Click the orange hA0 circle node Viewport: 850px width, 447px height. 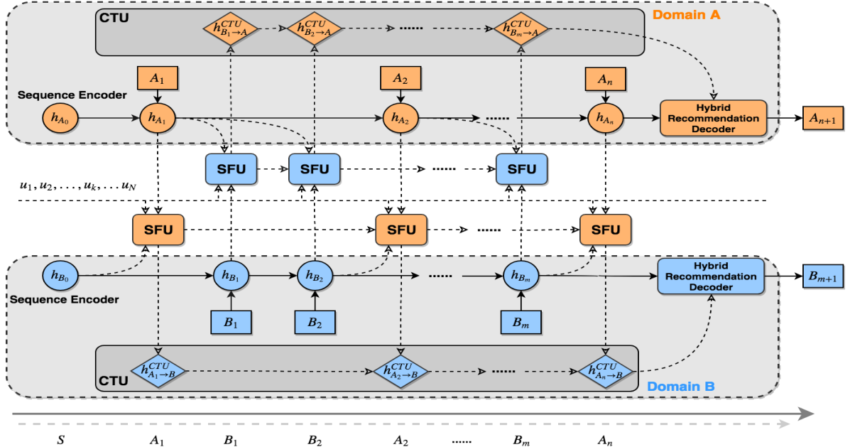61,116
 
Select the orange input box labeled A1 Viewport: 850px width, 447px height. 158,77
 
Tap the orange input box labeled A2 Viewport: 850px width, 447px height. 401,77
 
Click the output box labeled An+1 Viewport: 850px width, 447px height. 824,119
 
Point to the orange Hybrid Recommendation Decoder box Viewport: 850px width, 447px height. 714,117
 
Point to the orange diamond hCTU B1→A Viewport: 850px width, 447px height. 231,28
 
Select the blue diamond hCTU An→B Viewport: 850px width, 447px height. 606,370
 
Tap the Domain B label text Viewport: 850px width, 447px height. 680,387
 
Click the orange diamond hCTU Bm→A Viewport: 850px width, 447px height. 521,28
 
